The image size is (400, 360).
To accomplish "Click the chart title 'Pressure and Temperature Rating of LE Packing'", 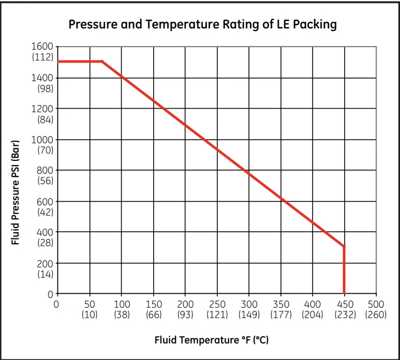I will click(x=203, y=24).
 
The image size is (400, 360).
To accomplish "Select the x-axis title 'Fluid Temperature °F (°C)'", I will click(x=211, y=340).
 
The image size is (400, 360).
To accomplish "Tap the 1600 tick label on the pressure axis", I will click(x=42, y=47).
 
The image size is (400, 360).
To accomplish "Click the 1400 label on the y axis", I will click(x=42, y=78).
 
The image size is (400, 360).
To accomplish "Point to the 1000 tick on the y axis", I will click(x=42, y=140).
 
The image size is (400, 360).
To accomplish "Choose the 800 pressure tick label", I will click(x=45, y=170).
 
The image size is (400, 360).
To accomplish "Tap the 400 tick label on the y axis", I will click(x=45, y=232).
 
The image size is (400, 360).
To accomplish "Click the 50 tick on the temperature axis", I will click(x=90, y=304).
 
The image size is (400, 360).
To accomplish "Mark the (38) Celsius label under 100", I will click(x=122, y=314).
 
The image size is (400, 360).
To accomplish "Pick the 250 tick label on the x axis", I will click(x=218, y=304).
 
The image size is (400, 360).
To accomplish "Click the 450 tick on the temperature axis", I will click(x=345, y=304).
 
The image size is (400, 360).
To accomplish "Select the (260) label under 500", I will click(x=376, y=314).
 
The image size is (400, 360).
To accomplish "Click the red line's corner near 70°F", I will click(x=102, y=62).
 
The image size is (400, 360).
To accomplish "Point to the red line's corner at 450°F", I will click(x=344, y=247).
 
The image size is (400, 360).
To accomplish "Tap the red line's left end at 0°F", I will click(x=58, y=62).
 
